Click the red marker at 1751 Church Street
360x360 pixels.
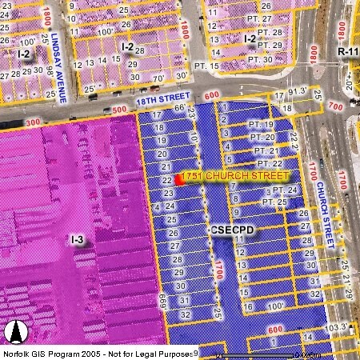180,179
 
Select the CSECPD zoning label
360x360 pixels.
232,230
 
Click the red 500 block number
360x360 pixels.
120,110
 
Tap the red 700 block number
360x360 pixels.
334,106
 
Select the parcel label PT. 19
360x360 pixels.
262,125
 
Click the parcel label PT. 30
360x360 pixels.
258,58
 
